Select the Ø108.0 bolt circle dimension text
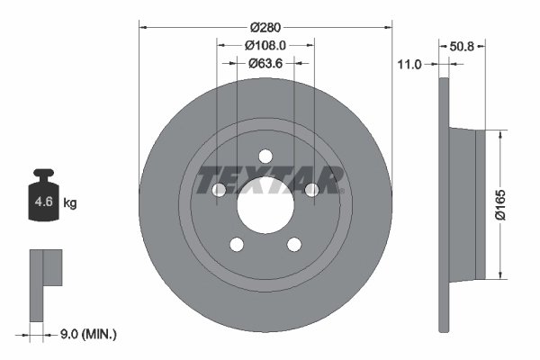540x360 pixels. (x=265, y=44)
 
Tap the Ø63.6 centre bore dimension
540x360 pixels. (x=265, y=63)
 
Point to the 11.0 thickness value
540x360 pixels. (x=409, y=65)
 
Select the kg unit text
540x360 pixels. (x=70, y=203)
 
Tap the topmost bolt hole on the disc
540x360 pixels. (x=265, y=157)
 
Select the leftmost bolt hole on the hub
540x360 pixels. (x=219, y=190)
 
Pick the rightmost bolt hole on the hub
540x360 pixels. (x=312, y=190)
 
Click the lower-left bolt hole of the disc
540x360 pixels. (x=237, y=245)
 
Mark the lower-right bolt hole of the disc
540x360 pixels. (x=294, y=245)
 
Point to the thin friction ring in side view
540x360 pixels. (x=442, y=203)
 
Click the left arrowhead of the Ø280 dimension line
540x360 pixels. (x=142, y=26)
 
